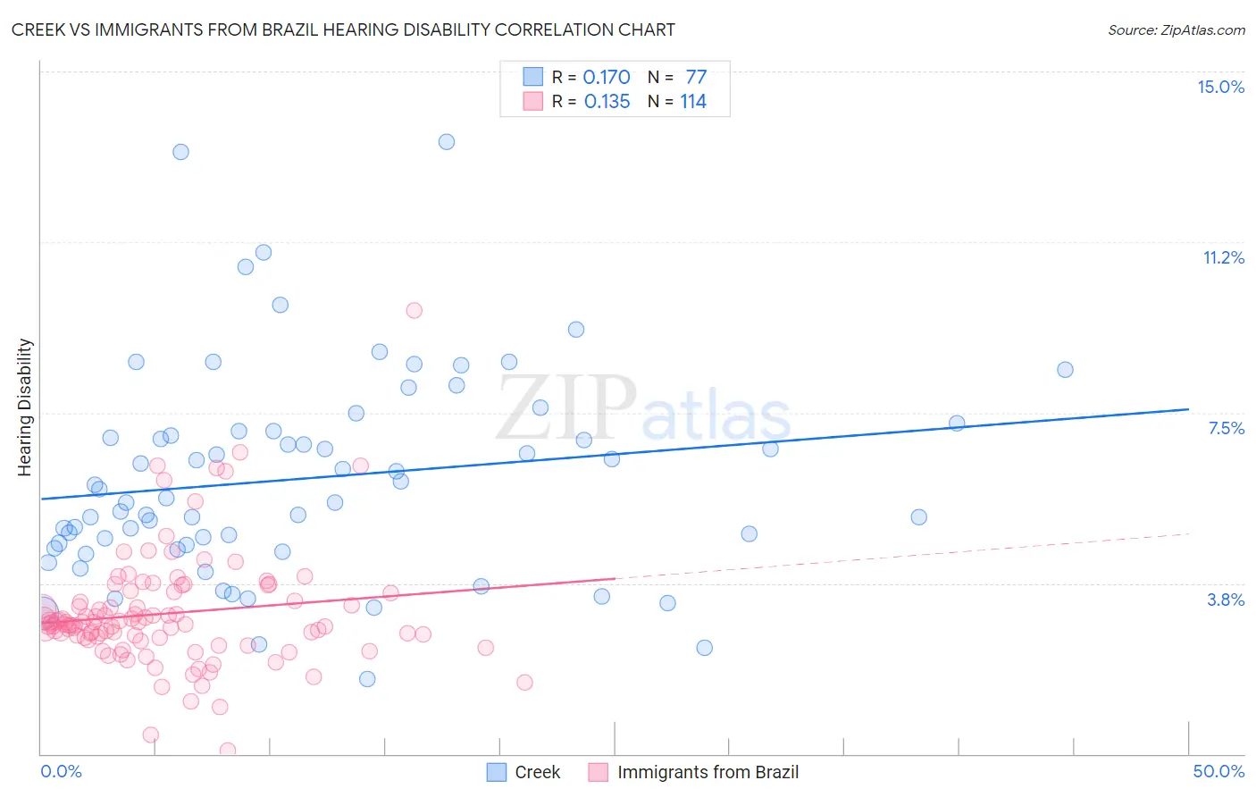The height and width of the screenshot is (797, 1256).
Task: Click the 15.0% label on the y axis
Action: click(1220, 87)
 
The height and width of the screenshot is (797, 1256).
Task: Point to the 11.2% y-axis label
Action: click(1223, 257)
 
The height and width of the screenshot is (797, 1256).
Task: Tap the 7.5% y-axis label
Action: click(1226, 428)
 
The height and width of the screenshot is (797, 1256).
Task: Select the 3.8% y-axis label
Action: click(1226, 600)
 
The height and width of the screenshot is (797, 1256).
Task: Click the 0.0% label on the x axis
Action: click(61, 771)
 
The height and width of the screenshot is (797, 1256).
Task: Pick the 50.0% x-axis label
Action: click(1218, 771)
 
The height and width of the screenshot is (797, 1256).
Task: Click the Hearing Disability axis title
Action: click(25, 407)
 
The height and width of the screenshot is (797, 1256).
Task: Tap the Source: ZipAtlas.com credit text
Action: click(1176, 29)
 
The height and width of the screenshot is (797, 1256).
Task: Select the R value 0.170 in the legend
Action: click(607, 78)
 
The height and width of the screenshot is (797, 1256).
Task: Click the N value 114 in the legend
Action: click(693, 102)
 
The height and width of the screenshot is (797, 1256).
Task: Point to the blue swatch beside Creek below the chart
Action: click(497, 772)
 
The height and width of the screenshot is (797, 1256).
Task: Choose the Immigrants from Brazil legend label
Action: click(708, 772)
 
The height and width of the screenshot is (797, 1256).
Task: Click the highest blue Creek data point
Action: click(447, 142)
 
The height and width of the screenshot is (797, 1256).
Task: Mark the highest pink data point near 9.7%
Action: click(414, 310)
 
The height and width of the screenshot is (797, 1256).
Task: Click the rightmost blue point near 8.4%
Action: click(1065, 370)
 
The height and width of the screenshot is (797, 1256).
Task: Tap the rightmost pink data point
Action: click(524, 683)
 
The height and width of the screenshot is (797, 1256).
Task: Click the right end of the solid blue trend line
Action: click(1188, 409)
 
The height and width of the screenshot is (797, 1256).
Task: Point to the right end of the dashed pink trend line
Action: click(1188, 533)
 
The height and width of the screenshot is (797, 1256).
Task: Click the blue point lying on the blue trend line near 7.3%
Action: click(957, 424)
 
